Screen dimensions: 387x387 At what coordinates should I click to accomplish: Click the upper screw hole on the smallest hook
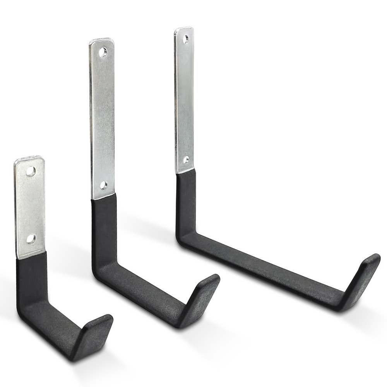click(x=31, y=171)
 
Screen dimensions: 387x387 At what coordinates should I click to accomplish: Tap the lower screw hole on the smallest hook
click(x=31, y=238)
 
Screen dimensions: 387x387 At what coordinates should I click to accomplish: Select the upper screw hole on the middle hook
click(x=103, y=52)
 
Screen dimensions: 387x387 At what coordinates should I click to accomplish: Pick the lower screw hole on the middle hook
click(x=103, y=185)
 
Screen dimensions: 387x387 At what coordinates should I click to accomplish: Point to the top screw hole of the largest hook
click(x=186, y=39)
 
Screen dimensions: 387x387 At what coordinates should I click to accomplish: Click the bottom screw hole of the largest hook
click(x=186, y=159)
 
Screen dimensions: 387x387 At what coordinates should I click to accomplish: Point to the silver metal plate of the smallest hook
click(x=30, y=205)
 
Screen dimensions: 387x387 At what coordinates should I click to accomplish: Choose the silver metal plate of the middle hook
click(x=103, y=116)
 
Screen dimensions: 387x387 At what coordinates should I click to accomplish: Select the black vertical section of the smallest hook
click(x=31, y=279)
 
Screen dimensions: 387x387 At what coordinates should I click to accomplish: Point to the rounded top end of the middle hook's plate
click(x=101, y=41)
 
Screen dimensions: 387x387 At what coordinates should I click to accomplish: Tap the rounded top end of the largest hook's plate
click(x=184, y=30)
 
